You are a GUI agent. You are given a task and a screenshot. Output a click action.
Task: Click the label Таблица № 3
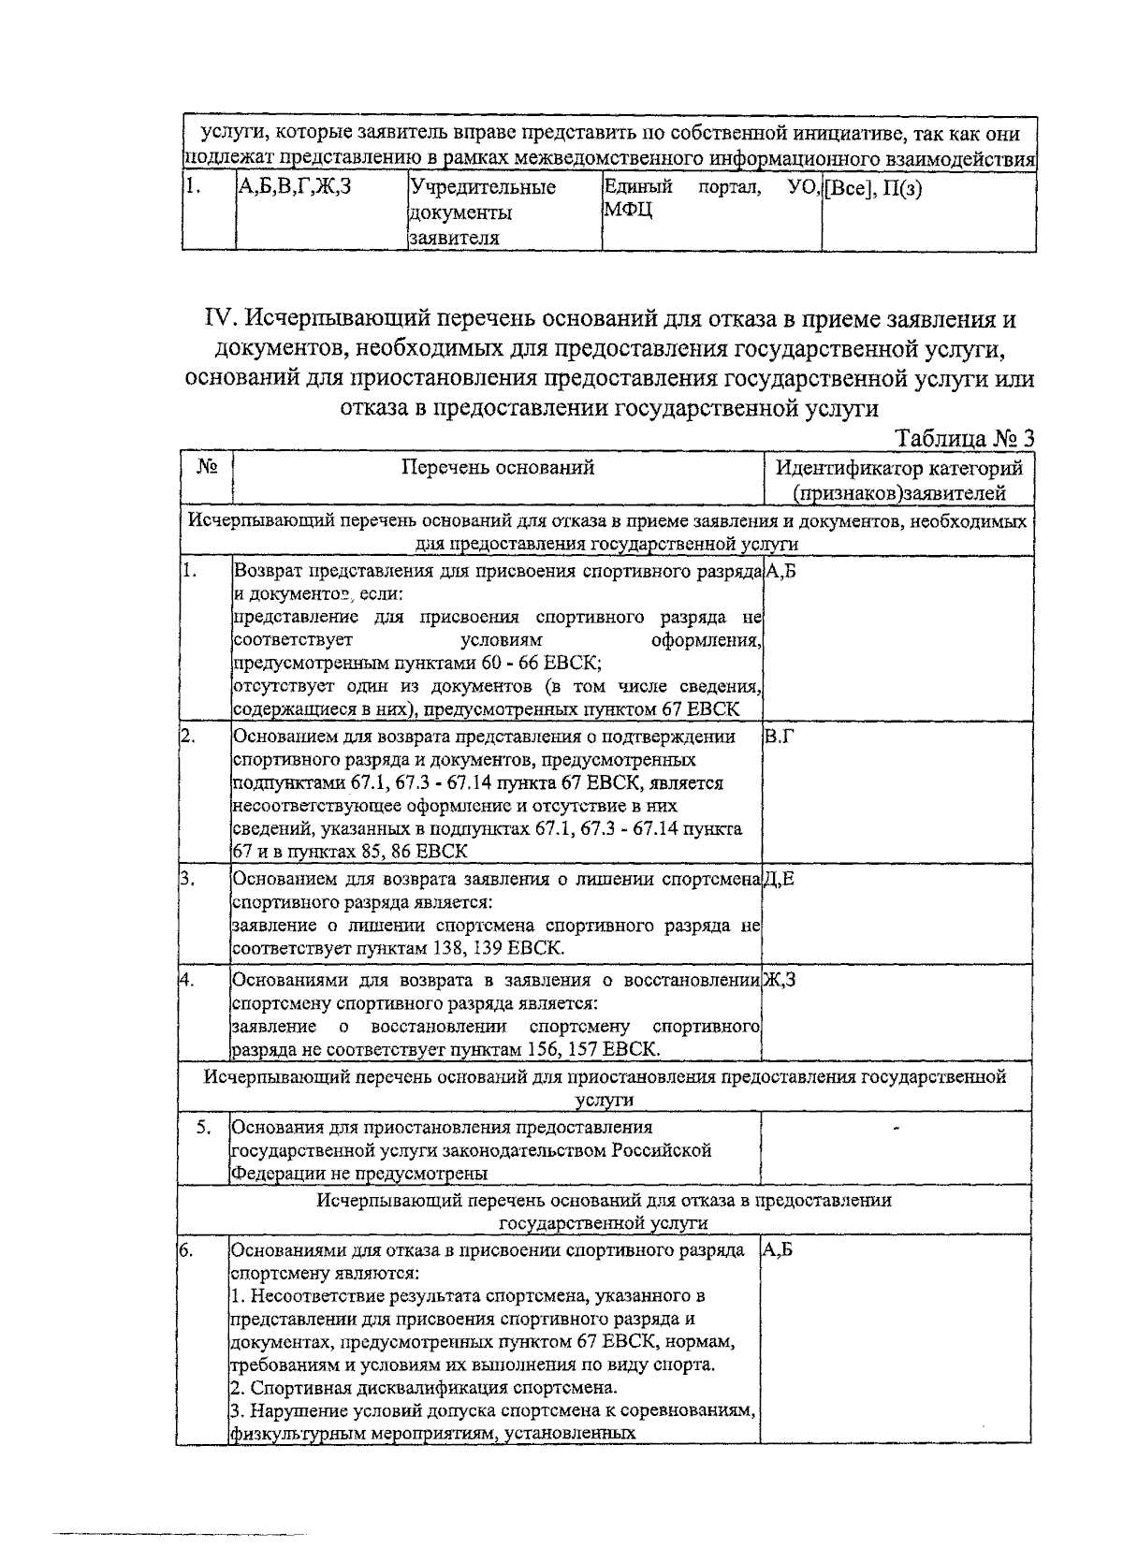(x=965, y=438)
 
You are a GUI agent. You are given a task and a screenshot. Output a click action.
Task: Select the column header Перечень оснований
(x=497, y=468)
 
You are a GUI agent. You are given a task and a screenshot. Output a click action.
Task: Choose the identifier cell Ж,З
(x=780, y=980)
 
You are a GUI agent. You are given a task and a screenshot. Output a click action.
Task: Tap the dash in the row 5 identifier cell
(x=897, y=1131)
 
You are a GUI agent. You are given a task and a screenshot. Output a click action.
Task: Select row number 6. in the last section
(x=187, y=1251)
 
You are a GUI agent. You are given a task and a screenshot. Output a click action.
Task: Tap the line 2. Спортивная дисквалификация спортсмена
(x=423, y=1387)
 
